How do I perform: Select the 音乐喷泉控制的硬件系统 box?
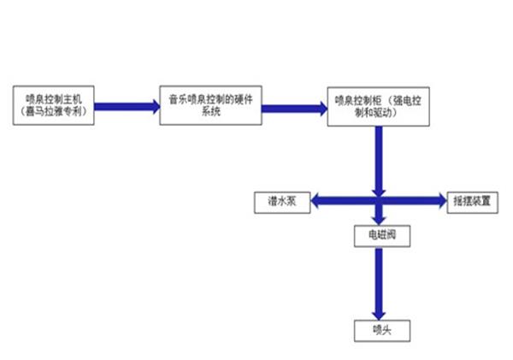click(x=209, y=106)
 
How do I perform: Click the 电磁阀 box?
click(x=376, y=233)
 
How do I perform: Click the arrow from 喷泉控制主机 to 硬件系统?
click(x=127, y=107)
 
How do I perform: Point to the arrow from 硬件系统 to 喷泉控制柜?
click(x=293, y=107)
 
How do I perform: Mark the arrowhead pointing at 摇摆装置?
click(x=439, y=202)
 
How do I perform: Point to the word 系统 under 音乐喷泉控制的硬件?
click(x=209, y=112)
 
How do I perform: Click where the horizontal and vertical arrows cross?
click(x=376, y=202)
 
